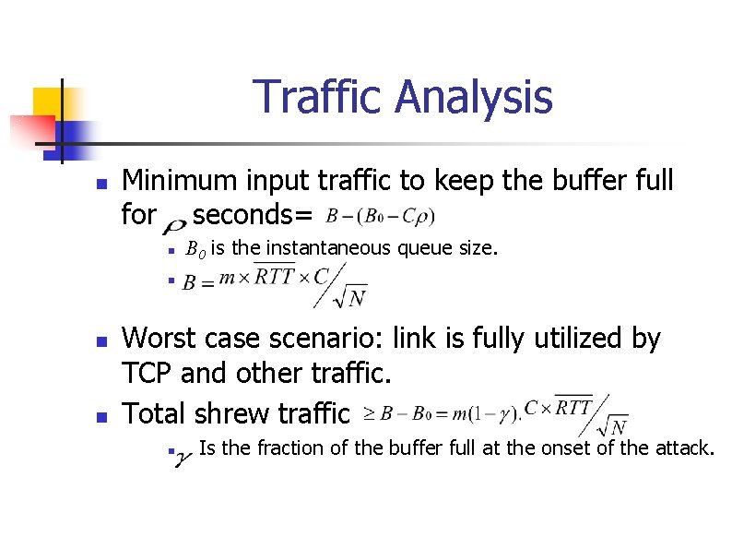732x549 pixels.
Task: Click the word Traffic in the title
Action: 316,97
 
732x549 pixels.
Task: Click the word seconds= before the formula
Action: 254,215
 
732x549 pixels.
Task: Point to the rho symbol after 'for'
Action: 175,220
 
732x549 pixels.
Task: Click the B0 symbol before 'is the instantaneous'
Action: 195,248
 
